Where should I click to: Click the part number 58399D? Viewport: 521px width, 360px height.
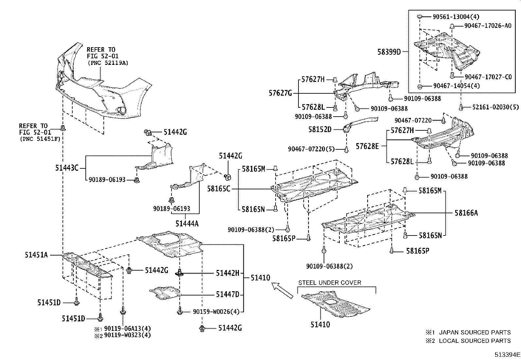point(389,52)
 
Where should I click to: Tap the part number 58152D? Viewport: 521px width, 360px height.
point(320,129)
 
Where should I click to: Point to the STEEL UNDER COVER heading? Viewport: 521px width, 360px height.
point(330,283)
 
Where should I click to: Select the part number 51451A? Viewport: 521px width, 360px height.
point(36,255)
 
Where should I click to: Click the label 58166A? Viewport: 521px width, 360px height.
point(466,213)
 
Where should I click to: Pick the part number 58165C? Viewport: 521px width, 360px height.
point(219,189)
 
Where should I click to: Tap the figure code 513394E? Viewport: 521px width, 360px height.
point(507,354)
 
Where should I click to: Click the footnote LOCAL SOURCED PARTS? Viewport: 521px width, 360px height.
point(475,341)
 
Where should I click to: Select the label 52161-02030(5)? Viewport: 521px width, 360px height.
point(495,107)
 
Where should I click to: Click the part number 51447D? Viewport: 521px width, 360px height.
point(227,294)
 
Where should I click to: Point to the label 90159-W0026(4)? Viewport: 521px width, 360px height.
point(216,312)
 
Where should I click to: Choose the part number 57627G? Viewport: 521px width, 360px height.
point(280,93)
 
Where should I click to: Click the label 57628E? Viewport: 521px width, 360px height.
point(367,146)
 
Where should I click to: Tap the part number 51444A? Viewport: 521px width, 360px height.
point(187,224)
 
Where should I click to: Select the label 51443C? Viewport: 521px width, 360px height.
point(67,168)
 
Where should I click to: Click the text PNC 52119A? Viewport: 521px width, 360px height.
point(108,63)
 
